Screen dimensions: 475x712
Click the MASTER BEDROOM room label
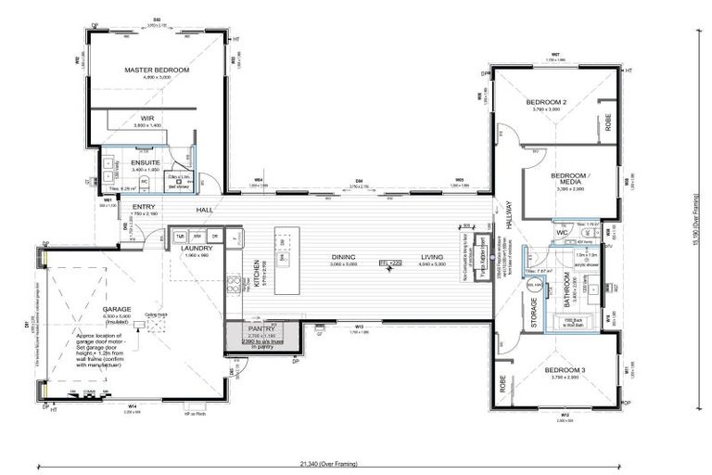tap(158, 71)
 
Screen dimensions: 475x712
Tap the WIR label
tap(147, 118)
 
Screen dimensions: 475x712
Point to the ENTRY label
tap(144, 207)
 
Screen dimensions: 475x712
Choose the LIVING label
tap(433, 258)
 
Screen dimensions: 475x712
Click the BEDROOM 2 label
tap(546, 102)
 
